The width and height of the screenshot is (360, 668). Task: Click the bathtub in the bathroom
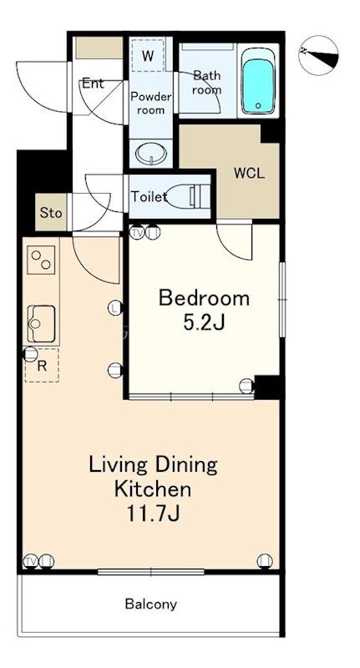click(x=258, y=80)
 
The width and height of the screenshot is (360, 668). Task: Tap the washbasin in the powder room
click(x=151, y=154)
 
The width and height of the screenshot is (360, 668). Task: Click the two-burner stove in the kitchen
click(x=41, y=260)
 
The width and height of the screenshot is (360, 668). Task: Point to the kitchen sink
click(x=41, y=323)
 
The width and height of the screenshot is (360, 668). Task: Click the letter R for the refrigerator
click(x=41, y=367)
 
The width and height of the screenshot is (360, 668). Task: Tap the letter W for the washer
click(x=147, y=57)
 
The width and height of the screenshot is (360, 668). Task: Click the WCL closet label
click(x=249, y=174)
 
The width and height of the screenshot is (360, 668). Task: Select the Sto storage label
click(x=51, y=213)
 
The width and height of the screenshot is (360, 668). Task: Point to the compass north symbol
click(x=318, y=55)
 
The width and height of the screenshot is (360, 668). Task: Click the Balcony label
click(x=151, y=604)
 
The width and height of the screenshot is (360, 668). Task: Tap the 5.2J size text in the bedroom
click(x=204, y=322)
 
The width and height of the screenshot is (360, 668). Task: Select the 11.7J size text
click(x=153, y=514)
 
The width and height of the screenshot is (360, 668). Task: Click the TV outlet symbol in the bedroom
click(x=137, y=233)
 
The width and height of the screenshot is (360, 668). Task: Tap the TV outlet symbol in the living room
click(x=30, y=561)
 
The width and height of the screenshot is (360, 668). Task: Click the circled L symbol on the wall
click(x=115, y=307)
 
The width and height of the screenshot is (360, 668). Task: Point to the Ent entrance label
click(x=93, y=83)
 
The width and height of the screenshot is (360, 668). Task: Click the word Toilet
click(x=149, y=197)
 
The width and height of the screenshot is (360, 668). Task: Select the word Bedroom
click(x=204, y=298)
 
